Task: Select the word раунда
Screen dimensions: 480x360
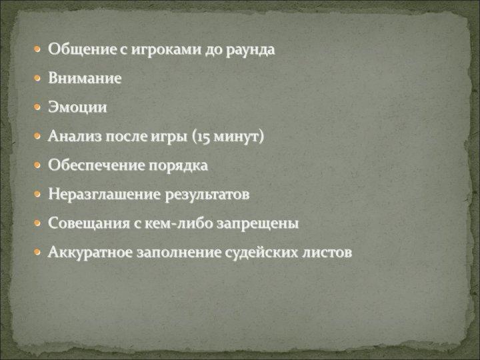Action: click(251, 50)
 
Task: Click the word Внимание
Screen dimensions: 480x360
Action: click(85, 78)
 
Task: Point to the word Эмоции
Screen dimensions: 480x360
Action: click(77, 107)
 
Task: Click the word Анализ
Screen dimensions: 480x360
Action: click(75, 136)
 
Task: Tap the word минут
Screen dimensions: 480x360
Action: click(236, 137)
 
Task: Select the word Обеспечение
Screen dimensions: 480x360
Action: click(97, 165)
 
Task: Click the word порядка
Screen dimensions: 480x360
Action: click(179, 166)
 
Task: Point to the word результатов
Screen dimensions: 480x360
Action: click(207, 195)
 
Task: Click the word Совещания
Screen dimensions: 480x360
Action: click(89, 223)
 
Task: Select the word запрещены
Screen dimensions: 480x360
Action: click(257, 224)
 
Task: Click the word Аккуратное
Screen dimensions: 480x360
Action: click(90, 253)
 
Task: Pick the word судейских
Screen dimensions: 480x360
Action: click(261, 253)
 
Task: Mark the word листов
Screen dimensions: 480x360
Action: click(327, 253)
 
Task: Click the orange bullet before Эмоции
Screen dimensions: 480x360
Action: click(37, 107)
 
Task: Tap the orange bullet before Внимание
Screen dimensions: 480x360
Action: click(37, 79)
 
